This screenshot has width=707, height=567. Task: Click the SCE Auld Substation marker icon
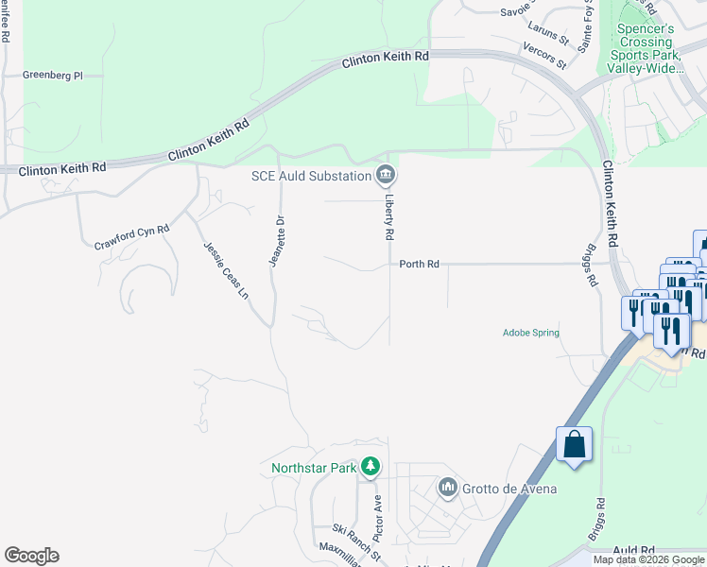point(386,175)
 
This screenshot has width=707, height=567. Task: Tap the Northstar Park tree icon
point(371,467)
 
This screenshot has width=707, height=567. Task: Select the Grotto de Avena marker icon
point(447,489)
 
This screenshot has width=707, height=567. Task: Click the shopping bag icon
point(574,443)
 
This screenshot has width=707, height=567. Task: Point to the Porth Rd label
point(419,265)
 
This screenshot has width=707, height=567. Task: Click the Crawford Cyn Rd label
point(131,237)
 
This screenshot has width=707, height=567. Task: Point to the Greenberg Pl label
point(53,75)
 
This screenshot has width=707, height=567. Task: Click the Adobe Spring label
point(530,333)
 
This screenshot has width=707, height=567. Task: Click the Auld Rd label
point(633,550)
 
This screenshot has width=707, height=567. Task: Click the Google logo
point(31,556)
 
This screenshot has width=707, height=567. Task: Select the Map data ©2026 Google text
point(647,559)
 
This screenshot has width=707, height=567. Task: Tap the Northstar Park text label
point(314,468)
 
